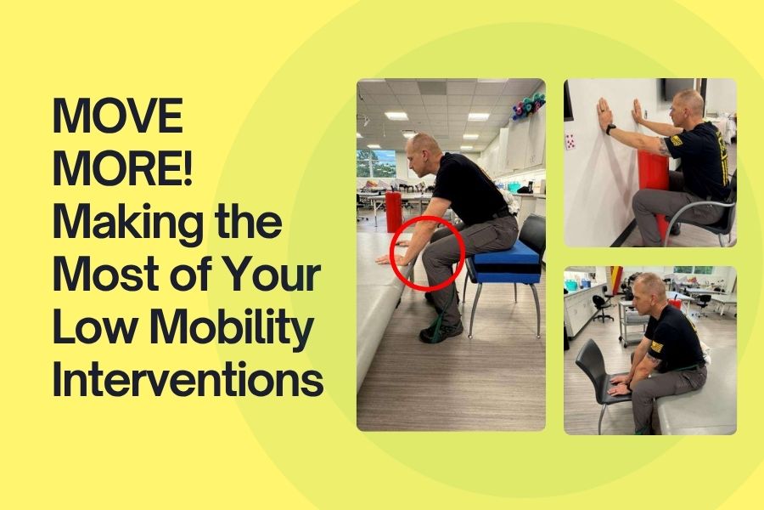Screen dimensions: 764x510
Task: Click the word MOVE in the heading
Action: pyautogui.click(x=117, y=116)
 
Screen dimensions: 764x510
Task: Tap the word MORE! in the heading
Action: pyautogui.click(x=122, y=168)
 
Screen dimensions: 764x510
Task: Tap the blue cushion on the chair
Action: pyautogui.click(x=506, y=259)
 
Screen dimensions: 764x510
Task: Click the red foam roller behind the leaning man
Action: pyautogui.click(x=393, y=212)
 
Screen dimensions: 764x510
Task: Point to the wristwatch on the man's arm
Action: pyautogui.click(x=610, y=129)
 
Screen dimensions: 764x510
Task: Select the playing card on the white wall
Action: pyautogui.click(x=570, y=142)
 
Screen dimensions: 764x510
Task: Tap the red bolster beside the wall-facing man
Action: pyautogui.click(x=654, y=185)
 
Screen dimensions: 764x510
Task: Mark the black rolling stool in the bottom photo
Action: pyautogui.click(x=603, y=307)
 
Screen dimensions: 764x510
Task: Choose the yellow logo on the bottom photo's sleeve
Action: pyautogui.click(x=657, y=346)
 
